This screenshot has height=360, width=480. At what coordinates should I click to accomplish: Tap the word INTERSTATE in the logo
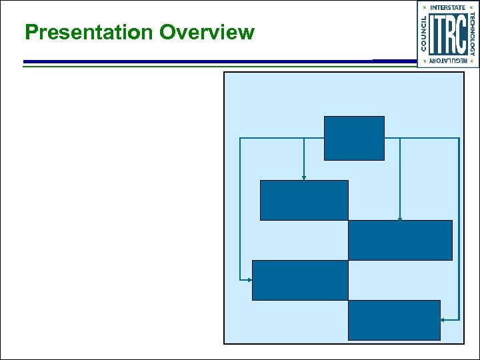448,7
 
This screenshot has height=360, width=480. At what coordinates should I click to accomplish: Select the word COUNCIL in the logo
425,34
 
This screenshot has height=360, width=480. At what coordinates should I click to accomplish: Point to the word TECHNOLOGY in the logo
472,34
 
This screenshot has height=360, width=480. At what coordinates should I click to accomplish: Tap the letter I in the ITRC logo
434,34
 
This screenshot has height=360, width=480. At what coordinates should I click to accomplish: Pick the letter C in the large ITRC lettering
459,34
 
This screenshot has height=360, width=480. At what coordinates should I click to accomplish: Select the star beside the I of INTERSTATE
425,7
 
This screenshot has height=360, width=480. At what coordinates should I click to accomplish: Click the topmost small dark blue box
354,138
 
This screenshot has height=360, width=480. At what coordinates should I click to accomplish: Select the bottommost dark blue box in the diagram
394,320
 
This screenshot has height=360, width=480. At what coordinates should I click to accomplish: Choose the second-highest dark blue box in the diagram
304,200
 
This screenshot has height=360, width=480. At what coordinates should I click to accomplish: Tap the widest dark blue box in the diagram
400,240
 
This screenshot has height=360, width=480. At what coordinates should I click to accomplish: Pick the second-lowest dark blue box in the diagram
300,280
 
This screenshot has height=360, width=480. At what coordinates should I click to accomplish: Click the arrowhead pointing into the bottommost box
443,320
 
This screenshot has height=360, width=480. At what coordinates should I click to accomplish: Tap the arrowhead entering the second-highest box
304,177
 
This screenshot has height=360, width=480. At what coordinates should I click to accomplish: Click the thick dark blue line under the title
200,61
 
